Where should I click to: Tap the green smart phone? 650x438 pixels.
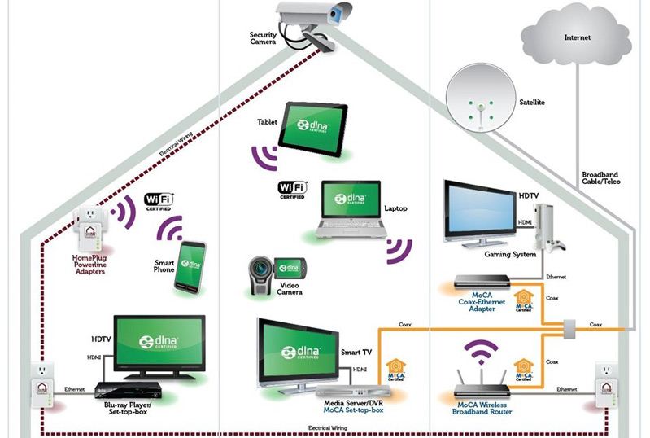tap(193, 265)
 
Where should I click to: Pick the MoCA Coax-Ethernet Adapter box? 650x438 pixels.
tap(479, 282)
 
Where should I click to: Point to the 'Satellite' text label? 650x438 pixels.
tap(532, 103)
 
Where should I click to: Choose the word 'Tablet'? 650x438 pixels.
tap(268, 122)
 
